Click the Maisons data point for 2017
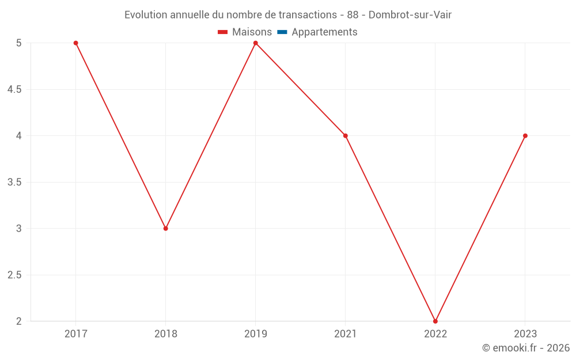click(x=75, y=43)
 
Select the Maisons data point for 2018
click(x=166, y=229)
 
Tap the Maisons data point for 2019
click(x=256, y=43)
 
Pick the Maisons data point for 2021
click(x=346, y=136)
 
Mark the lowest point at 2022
click(x=435, y=321)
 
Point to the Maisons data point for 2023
click(x=525, y=136)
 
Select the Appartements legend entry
click(x=324, y=32)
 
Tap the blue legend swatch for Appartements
click(x=282, y=32)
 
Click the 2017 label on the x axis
click(x=75, y=334)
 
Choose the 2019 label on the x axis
click(x=256, y=334)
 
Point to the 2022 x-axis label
click(x=435, y=334)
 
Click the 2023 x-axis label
click(x=525, y=334)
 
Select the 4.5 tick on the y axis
click(x=14, y=90)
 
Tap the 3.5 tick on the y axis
click(x=14, y=183)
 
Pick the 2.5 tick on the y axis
click(x=14, y=275)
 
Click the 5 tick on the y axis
click(x=19, y=43)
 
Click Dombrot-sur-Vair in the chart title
click(x=410, y=15)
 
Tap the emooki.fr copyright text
click(x=526, y=348)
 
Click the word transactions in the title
click(x=307, y=15)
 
